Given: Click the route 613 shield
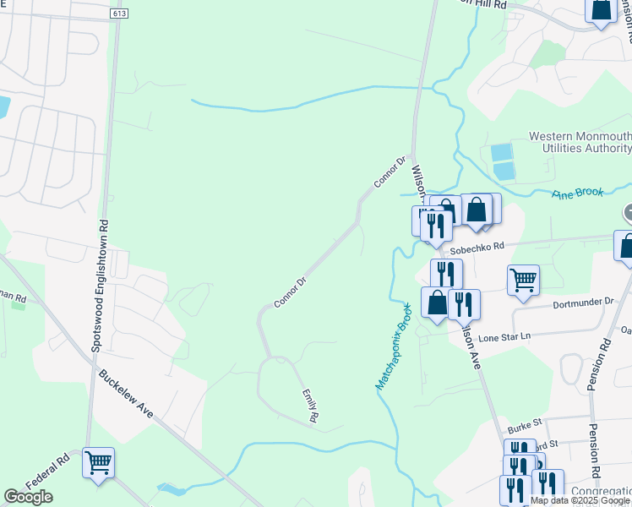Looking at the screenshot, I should point(117,14).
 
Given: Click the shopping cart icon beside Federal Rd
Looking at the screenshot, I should point(99,462).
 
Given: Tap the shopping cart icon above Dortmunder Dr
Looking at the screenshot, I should point(524,280).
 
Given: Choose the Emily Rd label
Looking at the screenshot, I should point(310,406).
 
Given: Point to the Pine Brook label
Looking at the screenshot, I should point(578,193).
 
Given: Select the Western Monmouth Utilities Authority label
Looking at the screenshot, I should point(580,142).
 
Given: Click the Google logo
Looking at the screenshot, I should point(28,497).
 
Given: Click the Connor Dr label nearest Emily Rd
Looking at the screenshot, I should point(289,292).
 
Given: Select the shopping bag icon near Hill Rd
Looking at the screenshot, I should point(601,10).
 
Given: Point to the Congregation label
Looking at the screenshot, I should point(601,491).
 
